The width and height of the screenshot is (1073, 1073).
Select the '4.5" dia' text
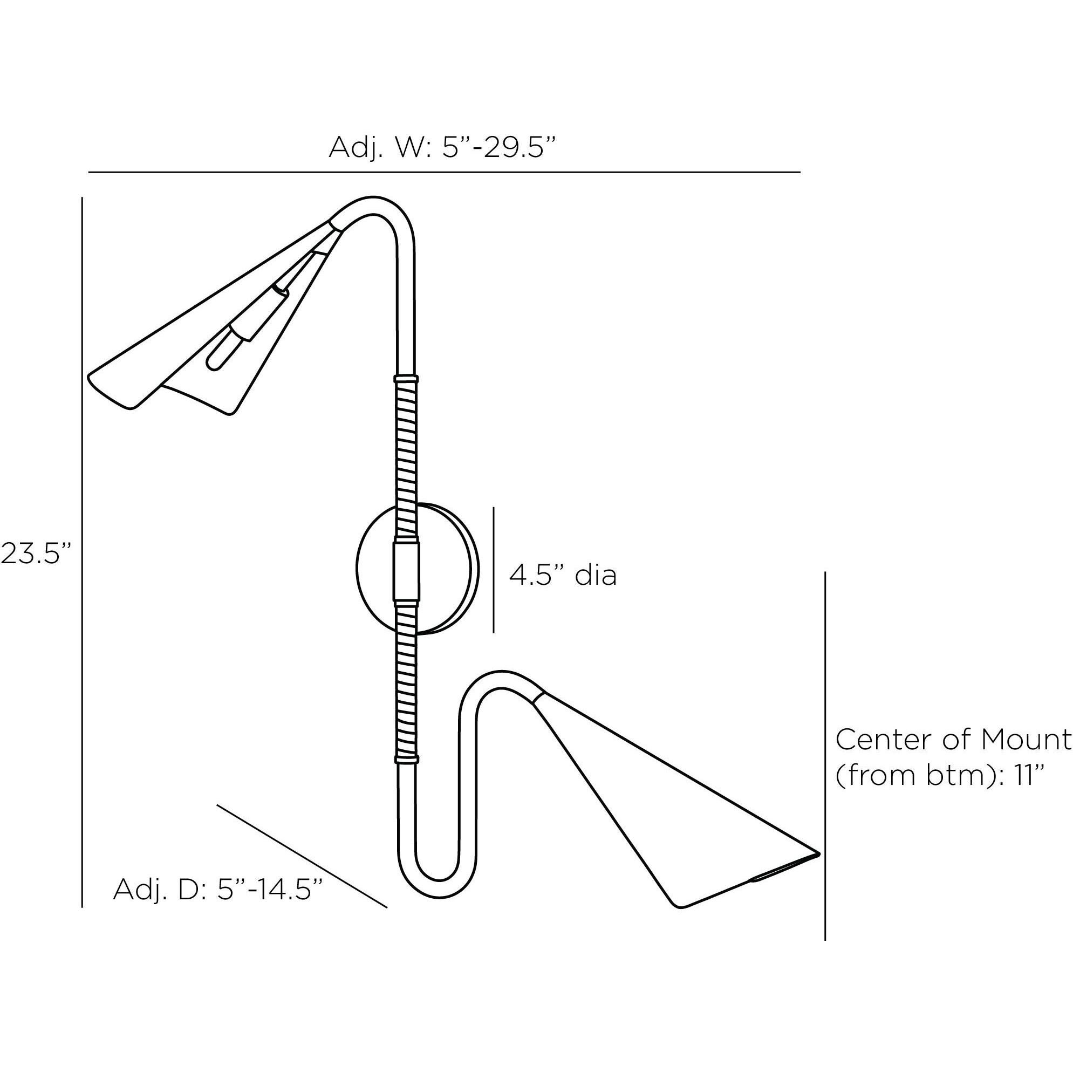(563, 576)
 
